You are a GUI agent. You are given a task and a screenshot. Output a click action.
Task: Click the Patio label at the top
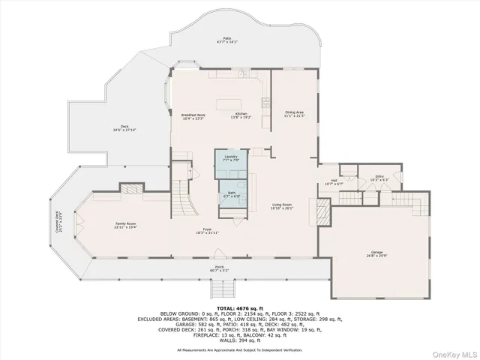(x=226, y=40)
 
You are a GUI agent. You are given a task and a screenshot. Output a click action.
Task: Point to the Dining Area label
(x=294, y=115)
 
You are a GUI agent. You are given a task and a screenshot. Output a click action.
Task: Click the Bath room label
(x=231, y=194)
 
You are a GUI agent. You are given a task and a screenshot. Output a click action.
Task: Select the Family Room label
(x=125, y=226)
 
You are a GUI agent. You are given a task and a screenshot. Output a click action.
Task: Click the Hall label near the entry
(x=334, y=182)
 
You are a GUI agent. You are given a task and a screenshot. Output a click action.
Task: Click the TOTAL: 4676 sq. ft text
(x=238, y=307)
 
